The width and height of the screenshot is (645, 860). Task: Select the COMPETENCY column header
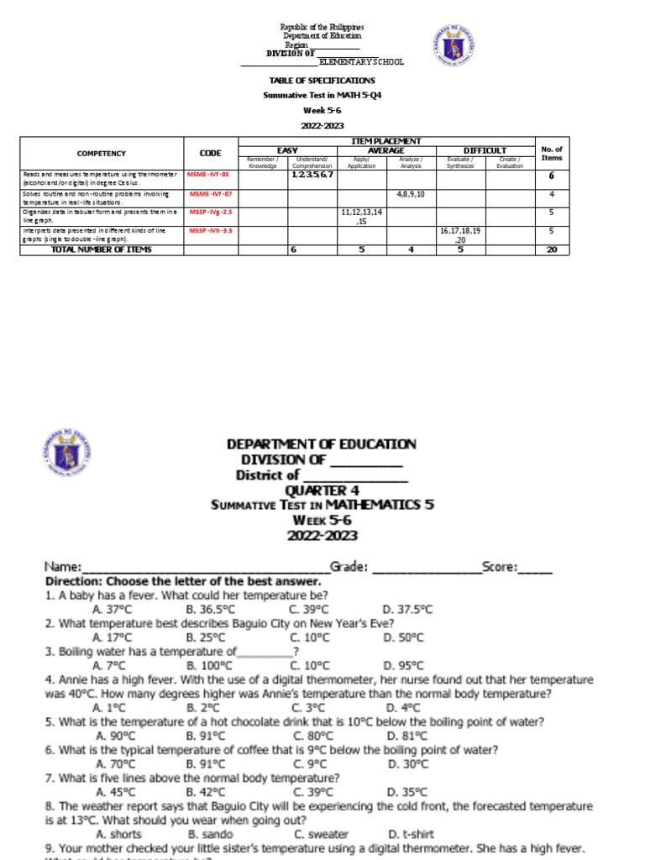(101, 153)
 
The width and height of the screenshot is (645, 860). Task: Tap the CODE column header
(211, 153)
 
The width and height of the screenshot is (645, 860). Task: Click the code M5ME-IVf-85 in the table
(209, 174)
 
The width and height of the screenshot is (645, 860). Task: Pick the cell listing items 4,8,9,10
(411, 194)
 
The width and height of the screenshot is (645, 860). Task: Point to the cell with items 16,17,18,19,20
(459, 233)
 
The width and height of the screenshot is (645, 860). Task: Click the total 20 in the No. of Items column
(551, 249)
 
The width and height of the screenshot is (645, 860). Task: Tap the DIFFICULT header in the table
(485, 150)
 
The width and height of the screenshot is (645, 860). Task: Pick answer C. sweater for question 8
(321, 834)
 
